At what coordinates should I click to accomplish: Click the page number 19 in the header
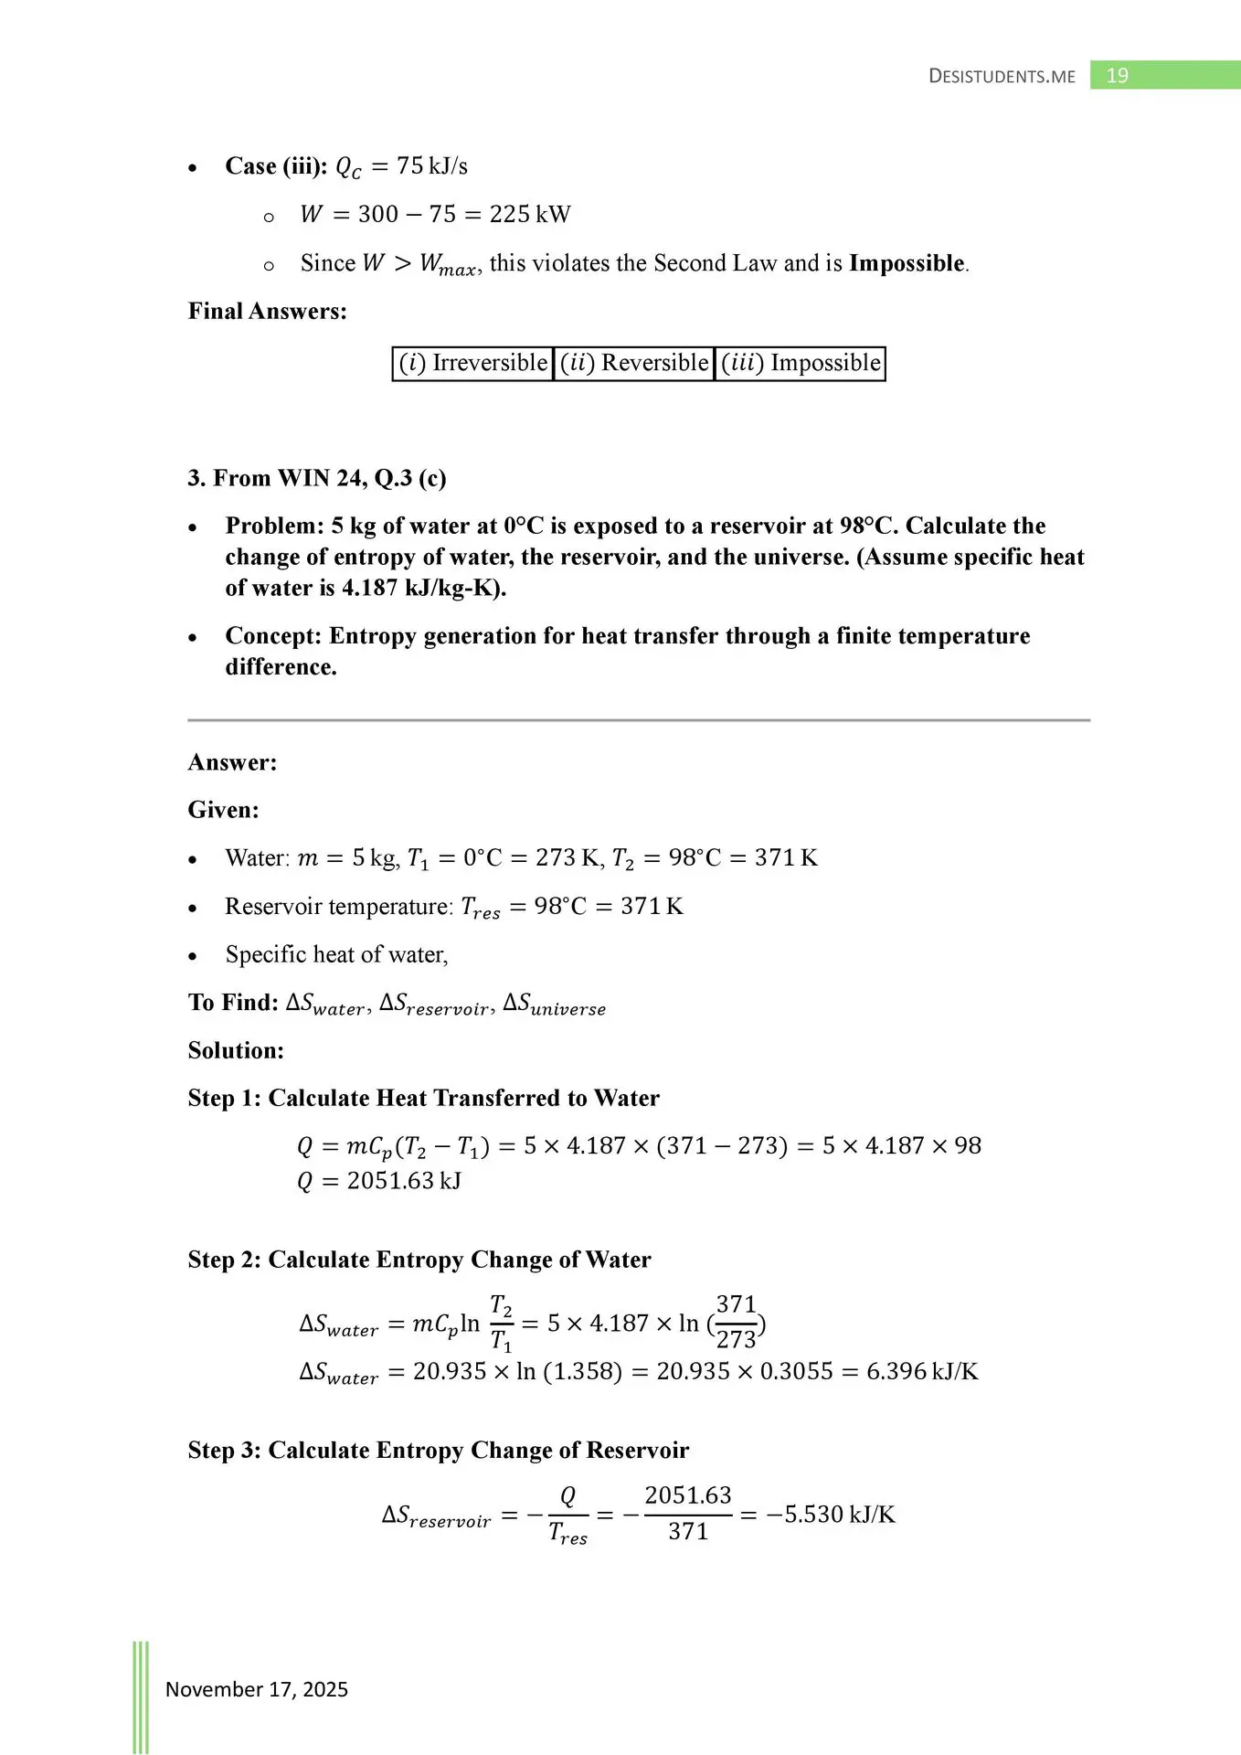pyautogui.click(x=1117, y=76)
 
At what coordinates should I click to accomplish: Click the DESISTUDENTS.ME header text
pyautogui.click(x=1002, y=77)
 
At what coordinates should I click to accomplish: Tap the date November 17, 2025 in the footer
pyautogui.click(x=256, y=1689)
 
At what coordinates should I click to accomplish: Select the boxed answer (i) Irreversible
pyautogui.click(x=473, y=363)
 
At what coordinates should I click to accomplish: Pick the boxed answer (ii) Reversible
pyautogui.click(x=634, y=363)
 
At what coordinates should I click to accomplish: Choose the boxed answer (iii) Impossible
pyautogui.click(x=801, y=363)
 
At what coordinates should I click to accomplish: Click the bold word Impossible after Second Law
pyautogui.click(x=907, y=263)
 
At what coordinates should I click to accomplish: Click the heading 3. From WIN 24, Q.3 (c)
pyautogui.click(x=317, y=478)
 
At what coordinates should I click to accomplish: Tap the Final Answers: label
pyautogui.click(x=267, y=312)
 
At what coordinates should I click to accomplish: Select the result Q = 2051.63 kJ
pyautogui.click(x=379, y=1181)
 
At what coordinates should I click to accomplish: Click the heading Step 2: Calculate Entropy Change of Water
pyautogui.click(x=419, y=1260)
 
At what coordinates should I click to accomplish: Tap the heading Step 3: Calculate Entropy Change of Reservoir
pyautogui.click(x=438, y=1451)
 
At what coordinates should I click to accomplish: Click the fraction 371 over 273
pyautogui.click(x=736, y=1322)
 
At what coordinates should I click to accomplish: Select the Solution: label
pyautogui.click(x=236, y=1050)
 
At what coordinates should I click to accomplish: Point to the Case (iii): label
pyautogui.click(x=276, y=166)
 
